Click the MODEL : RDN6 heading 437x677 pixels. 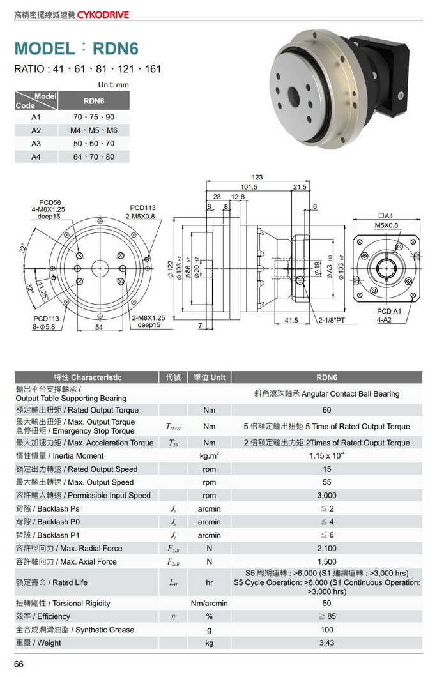click(x=76, y=49)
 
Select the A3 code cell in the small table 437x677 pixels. click(x=36, y=144)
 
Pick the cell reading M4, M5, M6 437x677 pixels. click(x=93, y=130)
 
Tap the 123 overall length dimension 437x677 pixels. click(x=257, y=177)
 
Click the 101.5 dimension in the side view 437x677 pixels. click(x=249, y=187)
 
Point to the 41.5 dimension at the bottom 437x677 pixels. click(x=292, y=320)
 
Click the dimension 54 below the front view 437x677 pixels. click(x=99, y=327)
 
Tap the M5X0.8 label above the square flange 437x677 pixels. click(x=386, y=225)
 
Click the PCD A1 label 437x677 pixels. click(x=389, y=311)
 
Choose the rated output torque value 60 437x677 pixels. click(x=326, y=410)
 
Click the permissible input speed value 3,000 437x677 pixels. click(x=326, y=496)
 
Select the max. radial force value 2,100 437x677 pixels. click(x=326, y=548)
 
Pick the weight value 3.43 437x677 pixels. click(x=326, y=643)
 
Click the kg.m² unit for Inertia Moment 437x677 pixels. click(x=209, y=455)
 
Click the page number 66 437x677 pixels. click(x=19, y=665)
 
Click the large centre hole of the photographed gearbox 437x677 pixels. click(x=293, y=97)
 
